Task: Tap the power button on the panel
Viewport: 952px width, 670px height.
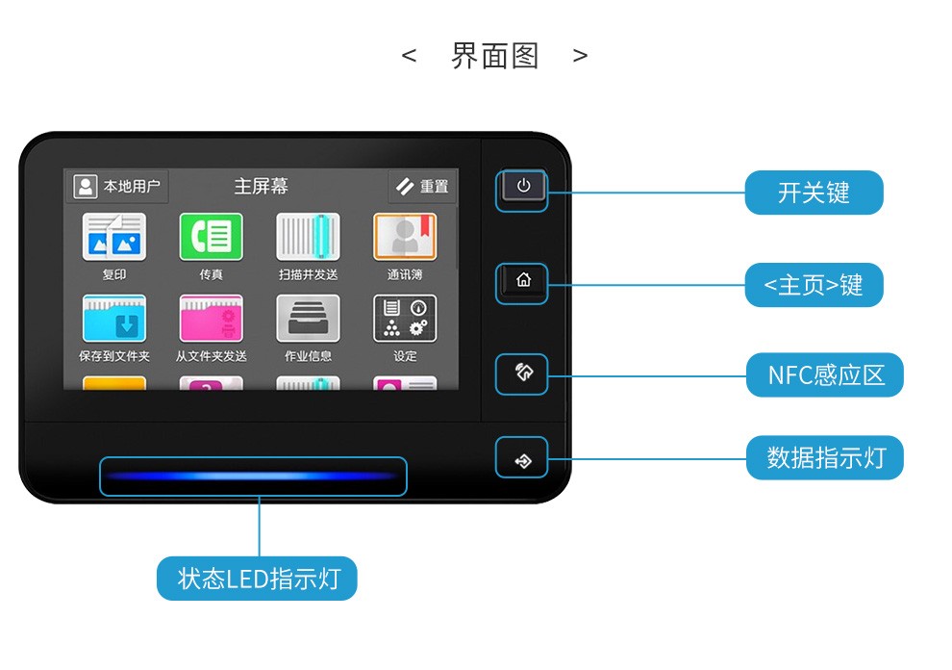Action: pyautogui.click(x=523, y=186)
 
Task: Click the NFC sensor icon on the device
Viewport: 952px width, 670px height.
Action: pyautogui.click(x=524, y=372)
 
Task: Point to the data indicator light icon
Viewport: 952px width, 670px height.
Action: pyautogui.click(x=523, y=461)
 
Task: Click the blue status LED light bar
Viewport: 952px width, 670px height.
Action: pyautogui.click(x=252, y=476)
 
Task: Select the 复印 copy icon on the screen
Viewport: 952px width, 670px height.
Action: pyautogui.click(x=114, y=237)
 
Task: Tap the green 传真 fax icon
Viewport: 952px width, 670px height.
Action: pyautogui.click(x=211, y=237)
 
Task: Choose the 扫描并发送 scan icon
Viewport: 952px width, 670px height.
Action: pyautogui.click(x=308, y=237)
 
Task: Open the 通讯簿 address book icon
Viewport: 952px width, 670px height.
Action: pyautogui.click(x=405, y=237)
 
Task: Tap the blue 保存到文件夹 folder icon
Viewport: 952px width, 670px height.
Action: pyautogui.click(x=114, y=319)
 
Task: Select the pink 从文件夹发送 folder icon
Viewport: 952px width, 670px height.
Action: pyautogui.click(x=211, y=319)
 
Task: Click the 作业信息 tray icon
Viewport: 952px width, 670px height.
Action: pyautogui.click(x=308, y=319)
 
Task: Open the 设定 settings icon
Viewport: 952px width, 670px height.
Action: pyautogui.click(x=405, y=319)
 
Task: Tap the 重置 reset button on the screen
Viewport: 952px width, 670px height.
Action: pyautogui.click(x=422, y=186)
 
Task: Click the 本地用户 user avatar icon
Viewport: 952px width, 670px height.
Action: pyautogui.click(x=85, y=186)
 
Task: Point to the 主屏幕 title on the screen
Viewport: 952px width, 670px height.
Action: pyautogui.click(x=261, y=186)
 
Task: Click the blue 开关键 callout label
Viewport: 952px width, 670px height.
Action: pyautogui.click(x=814, y=193)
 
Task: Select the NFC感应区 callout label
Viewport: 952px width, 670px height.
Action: pyautogui.click(x=825, y=375)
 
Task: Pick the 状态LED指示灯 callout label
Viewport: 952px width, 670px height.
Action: pyautogui.click(x=258, y=579)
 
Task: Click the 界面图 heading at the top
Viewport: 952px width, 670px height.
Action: pyautogui.click(x=495, y=56)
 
